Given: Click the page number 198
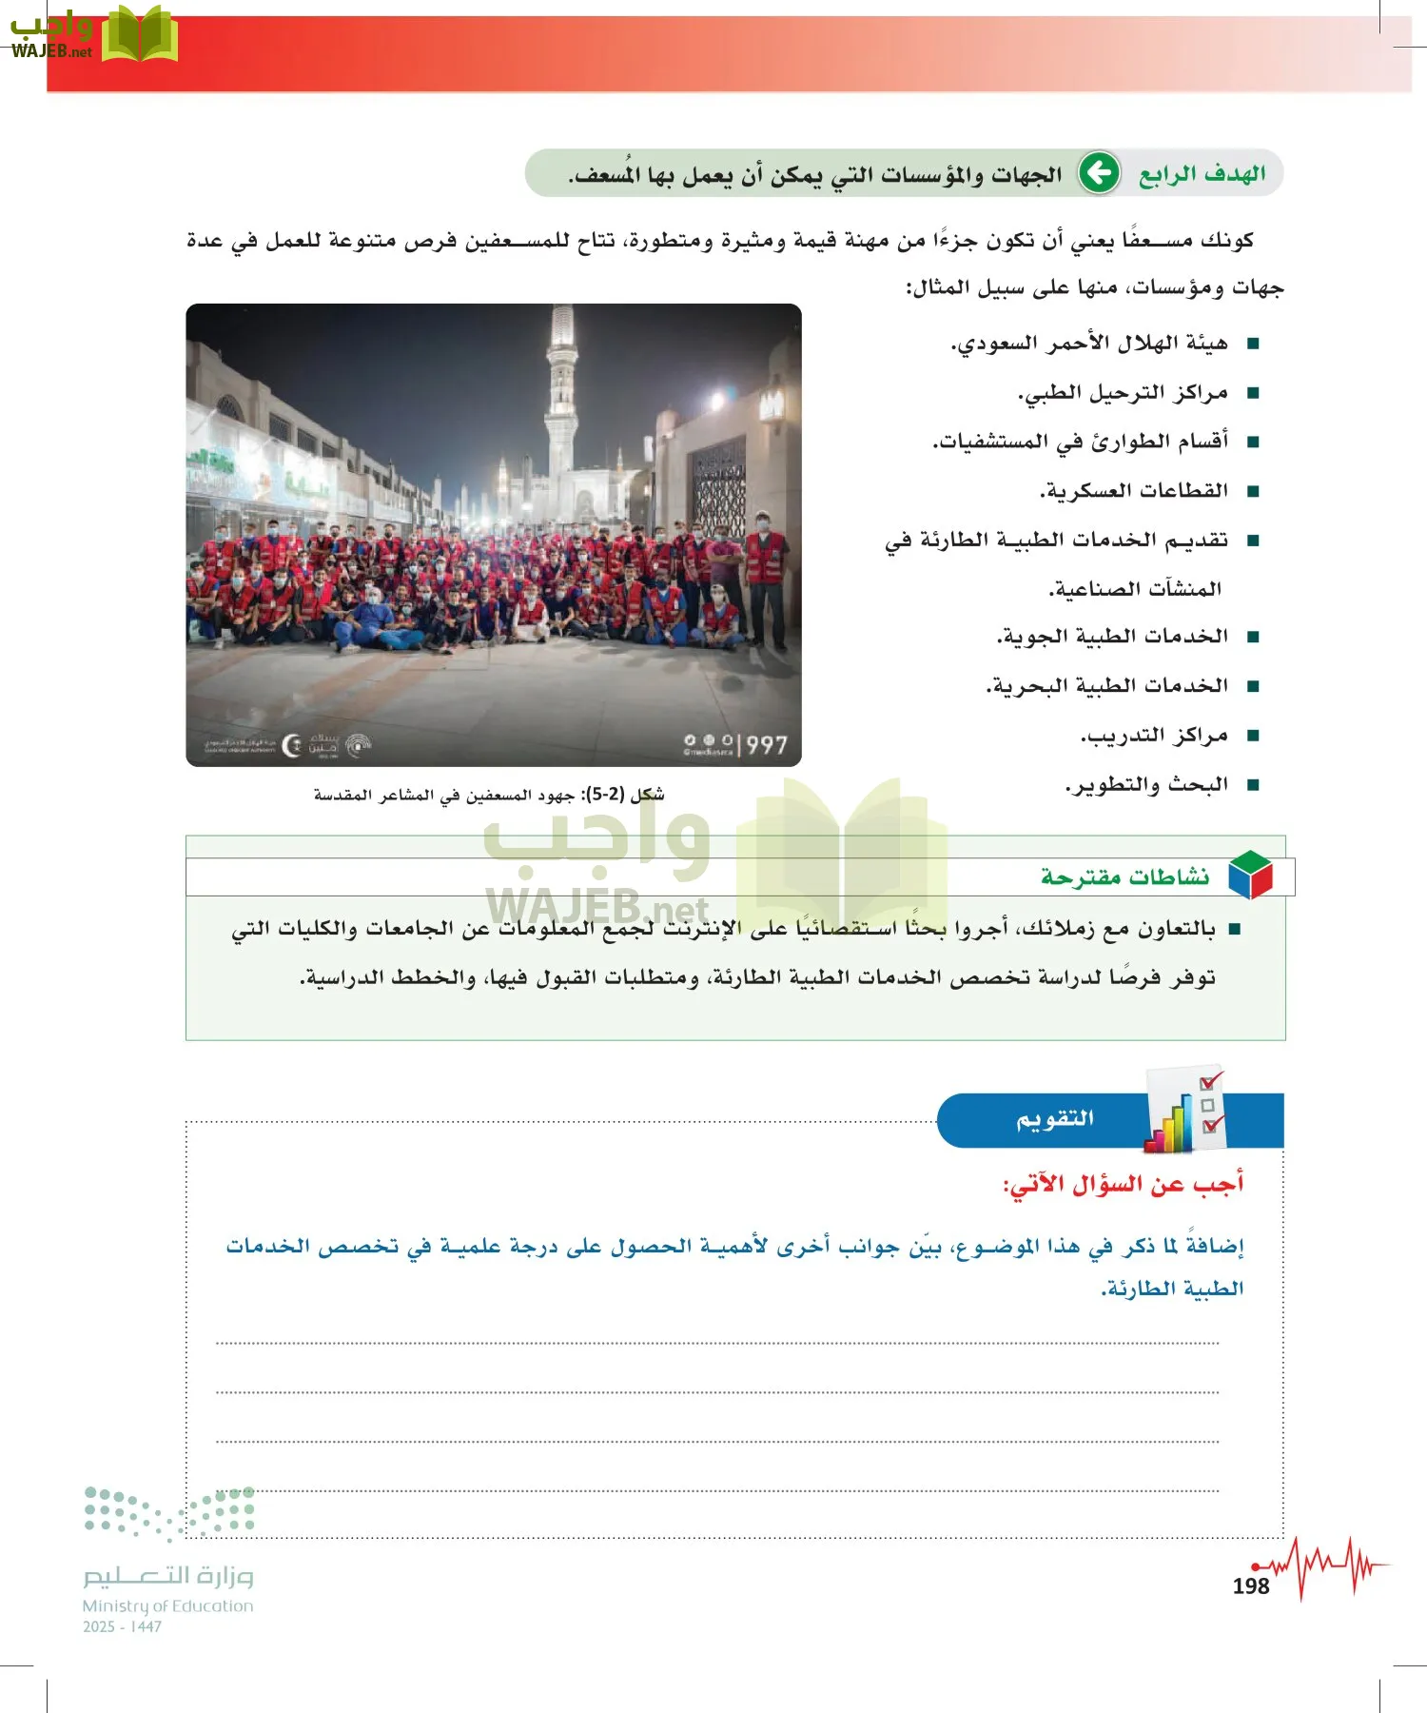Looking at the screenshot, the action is point(1250,1586).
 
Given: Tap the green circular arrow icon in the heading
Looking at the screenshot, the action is point(1099,173).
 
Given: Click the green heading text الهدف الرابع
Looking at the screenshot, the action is point(1202,174).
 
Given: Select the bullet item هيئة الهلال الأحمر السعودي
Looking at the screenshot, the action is point(1089,344).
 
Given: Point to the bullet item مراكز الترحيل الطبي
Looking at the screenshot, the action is point(1123,393).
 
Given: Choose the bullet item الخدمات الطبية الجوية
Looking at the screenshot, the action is point(1112,637).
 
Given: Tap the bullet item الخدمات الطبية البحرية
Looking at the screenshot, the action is point(1107,686).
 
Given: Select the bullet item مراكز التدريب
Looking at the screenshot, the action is point(1154,736).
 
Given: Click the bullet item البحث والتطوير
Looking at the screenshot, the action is point(1146,785).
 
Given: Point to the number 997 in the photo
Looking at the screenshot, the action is point(766,744).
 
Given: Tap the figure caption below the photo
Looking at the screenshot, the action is point(489,795).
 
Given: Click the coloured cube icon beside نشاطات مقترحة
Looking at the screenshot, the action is point(1250,875).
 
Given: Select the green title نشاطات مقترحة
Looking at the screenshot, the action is point(1124,876).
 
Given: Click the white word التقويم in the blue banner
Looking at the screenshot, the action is point(1055,1119).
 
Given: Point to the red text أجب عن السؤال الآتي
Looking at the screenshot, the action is point(1123,1185).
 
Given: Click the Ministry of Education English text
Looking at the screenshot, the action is point(167,1605).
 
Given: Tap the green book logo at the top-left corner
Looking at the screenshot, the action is point(139,36).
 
